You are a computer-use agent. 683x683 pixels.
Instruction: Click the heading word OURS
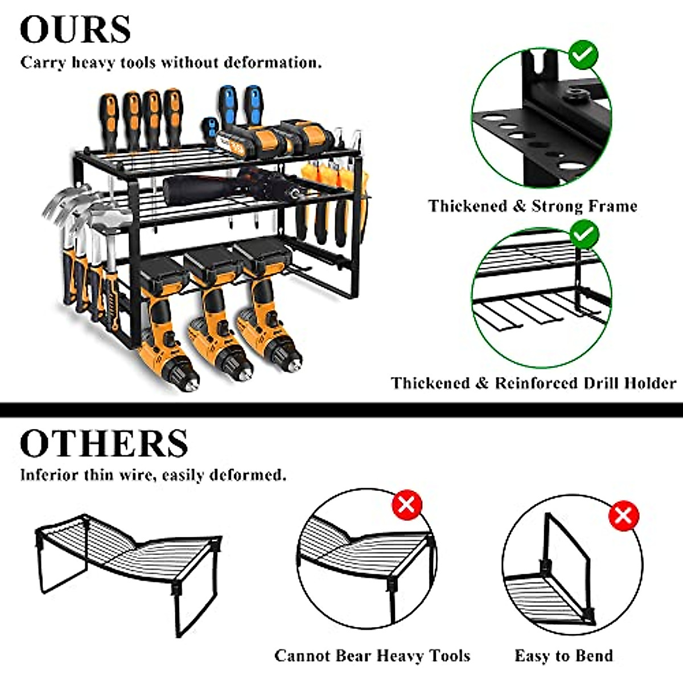[75, 29]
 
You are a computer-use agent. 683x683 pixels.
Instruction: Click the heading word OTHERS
[104, 442]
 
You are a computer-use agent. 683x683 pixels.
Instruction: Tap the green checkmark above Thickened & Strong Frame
[583, 55]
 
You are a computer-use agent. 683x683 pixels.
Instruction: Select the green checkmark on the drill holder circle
[584, 233]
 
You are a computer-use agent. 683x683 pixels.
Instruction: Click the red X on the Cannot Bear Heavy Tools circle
[406, 504]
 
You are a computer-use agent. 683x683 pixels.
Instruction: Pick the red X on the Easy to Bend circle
[623, 516]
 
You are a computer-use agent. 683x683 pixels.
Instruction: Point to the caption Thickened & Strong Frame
[533, 206]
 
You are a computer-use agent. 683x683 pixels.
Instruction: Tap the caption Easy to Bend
[563, 656]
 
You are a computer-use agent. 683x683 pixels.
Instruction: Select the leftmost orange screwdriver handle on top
[108, 117]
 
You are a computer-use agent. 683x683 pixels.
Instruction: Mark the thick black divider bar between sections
[341, 409]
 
